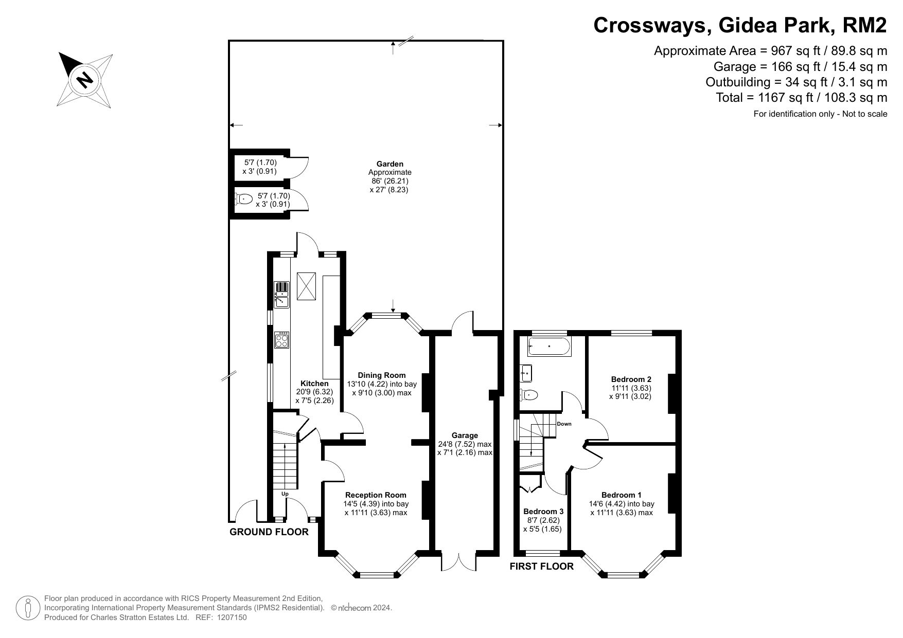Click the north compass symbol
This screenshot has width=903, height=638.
[x=85, y=79]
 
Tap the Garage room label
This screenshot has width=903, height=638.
[x=465, y=435]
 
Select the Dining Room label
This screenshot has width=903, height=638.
[x=382, y=375]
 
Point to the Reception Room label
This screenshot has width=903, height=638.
[x=376, y=495]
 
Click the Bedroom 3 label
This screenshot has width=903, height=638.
[x=543, y=512]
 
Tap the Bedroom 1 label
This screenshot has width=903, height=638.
[x=622, y=495]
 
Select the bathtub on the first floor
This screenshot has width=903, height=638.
[x=548, y=347]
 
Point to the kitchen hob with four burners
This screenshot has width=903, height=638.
[x=282, y=340]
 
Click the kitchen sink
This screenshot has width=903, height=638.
[x=282, y=294]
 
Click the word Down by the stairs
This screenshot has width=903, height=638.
[x=564, y=424]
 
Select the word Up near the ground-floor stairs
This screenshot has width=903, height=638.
[x=285, y=494]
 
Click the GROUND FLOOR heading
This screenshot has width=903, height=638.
[x=269, y=532]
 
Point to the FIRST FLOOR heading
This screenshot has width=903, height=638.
[x=542, y=567]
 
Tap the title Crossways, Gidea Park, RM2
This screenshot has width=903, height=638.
[x=740, y=25]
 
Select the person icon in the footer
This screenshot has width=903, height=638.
[x=28, y=608]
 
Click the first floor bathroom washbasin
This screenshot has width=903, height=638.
[x=526, y=373]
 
